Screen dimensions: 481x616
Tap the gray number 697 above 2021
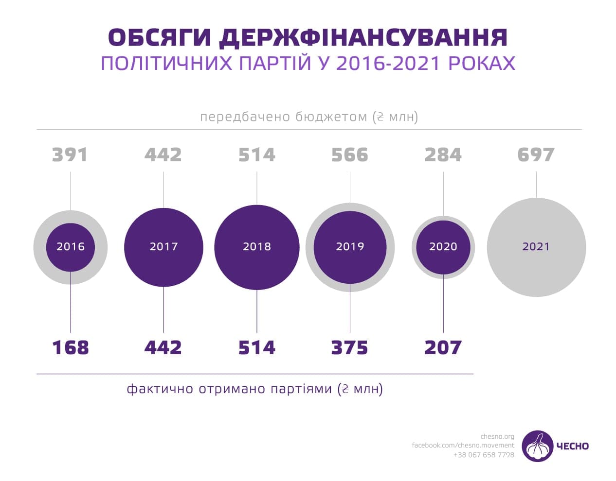[536, 155]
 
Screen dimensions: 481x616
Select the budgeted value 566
[349, 155]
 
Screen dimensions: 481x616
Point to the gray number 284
[443, 155]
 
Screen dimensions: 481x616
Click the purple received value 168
[71, 348]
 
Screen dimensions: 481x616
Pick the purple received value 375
[349, 348]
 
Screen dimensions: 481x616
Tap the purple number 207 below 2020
[443, 348]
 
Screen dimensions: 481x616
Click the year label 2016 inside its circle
[71, 247]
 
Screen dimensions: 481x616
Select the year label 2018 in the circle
[257, 247]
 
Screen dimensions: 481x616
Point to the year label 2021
[536, 247]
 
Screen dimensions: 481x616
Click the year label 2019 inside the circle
[350, 247]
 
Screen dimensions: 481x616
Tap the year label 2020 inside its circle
[443, 247]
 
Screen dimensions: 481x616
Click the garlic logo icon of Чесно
[537, 446]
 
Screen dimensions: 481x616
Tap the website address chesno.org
[497, 436]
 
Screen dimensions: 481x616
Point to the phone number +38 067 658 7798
[483, 455]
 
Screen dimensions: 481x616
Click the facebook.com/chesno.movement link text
[463, 445]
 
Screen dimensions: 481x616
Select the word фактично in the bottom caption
[160, 389]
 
